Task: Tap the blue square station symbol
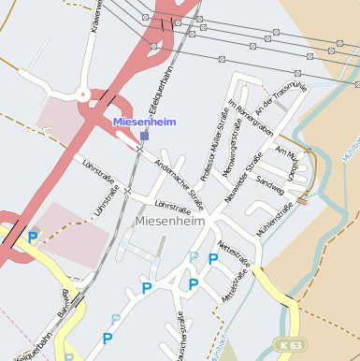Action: click(144, 136)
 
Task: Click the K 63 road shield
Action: click(290, 345)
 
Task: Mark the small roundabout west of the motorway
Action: click(82, 94)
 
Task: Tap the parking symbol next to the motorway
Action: click(33, 238)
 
